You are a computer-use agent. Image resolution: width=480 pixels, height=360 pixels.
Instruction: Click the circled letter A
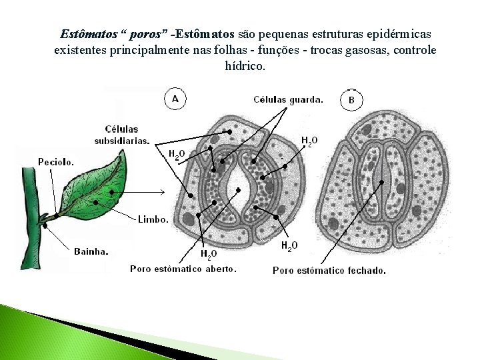click(x=175, y=98)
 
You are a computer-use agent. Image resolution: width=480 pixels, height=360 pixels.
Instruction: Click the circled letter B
click(x=352, y=100)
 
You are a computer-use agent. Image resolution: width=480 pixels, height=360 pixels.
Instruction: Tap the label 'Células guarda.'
click(x=288, y=100)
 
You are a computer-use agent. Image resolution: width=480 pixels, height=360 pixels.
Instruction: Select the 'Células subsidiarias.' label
click(x=122, y=134)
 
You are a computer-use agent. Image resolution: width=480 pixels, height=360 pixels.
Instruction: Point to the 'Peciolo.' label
click(x=56, y=161)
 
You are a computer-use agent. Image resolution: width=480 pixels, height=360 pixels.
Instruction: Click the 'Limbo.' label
click(x=153, y=219)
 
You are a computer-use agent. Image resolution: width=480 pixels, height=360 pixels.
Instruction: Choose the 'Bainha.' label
click(x=91, y=251)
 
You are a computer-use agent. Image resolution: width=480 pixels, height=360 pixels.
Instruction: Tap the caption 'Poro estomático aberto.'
click(x=183, y=269)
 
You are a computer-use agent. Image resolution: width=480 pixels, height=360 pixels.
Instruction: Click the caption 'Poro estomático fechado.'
click(x=329, y=270)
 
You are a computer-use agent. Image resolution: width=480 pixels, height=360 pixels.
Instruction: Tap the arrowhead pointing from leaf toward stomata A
click(x=163, y=192)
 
